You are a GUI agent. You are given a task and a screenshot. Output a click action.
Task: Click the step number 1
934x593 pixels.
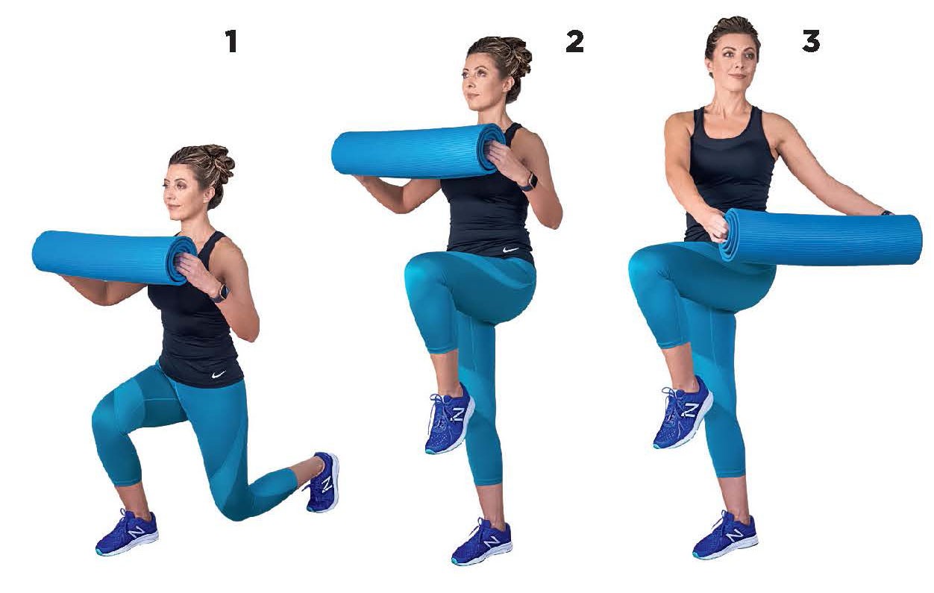(x=232, y=41)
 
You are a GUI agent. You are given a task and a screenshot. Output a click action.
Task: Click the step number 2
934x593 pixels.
(x=574, y=41)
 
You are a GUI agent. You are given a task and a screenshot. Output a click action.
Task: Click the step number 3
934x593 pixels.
(x=811, y=41)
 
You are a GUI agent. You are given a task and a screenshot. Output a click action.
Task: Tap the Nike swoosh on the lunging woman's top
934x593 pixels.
(x=218, y=374)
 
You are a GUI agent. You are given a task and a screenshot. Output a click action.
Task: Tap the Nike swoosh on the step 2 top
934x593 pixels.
(x=511, y=250)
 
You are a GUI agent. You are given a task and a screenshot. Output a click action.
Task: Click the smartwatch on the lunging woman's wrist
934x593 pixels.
(x=219, y=292)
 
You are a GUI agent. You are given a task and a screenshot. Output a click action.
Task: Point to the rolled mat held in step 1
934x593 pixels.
(x=114, y=257)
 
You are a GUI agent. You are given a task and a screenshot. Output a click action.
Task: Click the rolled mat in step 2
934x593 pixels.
(x=419, y=151)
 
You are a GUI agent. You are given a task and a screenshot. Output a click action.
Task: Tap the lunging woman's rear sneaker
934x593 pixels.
(x=323, y=482)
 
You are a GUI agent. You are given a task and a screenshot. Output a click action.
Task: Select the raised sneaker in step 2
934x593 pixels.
(x=450, y=418)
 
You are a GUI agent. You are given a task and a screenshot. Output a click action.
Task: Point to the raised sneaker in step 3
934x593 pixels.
(x=683, y=412)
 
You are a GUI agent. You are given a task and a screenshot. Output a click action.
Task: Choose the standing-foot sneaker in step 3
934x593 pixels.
(x=725, y=535)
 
